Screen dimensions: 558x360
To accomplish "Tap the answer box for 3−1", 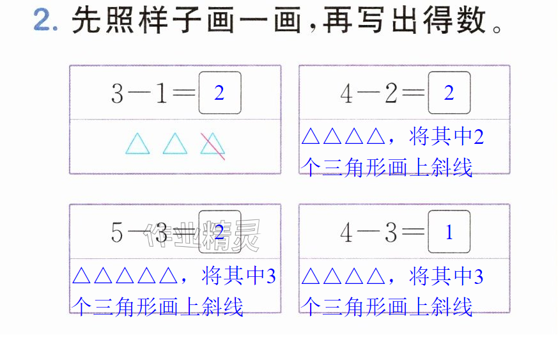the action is (x=220, y=93).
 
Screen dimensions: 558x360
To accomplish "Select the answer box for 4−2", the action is (x=449, y=93).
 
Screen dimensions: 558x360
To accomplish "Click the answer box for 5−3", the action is (x=220, y=232).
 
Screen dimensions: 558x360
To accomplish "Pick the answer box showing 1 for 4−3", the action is (x=449, y=232).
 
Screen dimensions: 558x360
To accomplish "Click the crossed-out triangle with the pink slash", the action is (x=213, y=146).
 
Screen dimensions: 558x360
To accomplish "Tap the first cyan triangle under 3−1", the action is (x=137, y=144).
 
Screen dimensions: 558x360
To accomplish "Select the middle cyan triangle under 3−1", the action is (x=175, y=144).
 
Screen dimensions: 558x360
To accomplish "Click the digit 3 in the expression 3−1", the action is (x=117, y=93).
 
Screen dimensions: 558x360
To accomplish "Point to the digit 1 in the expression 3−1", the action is (x=161, y=93).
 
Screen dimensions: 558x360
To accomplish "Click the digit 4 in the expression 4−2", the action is (x=346, y=93).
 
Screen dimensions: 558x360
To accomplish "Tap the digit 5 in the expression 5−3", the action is (x=117, y=233).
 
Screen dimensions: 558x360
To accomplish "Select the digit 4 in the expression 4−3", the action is (x=346, y=233).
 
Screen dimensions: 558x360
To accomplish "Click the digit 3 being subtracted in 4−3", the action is (x=391, y=233).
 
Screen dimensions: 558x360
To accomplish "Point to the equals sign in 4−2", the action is (x=413, y=93).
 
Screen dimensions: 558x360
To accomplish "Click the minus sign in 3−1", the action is (x=139, y=93).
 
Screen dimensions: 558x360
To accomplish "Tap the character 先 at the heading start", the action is (x=86, y=20).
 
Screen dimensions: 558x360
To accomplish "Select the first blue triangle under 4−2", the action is (x=310, y=136).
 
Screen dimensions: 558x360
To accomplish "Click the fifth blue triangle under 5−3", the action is (x=168, y=276).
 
